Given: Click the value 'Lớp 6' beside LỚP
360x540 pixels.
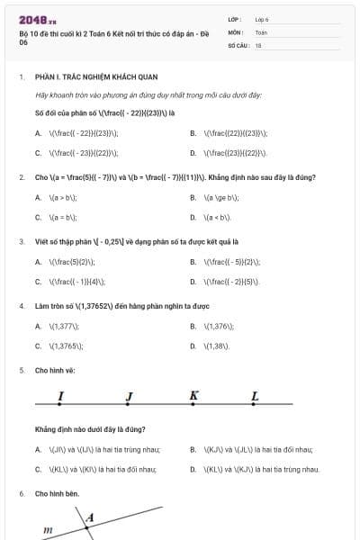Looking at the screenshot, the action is [x=262, y=18].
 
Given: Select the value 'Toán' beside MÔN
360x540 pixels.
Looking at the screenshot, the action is [x=261, y=31].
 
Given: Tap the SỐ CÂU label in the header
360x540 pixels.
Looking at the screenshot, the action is [x=238, y=44].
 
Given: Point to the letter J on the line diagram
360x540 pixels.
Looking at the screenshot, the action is [x=129, y=396].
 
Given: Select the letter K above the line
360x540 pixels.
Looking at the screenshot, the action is [x=193, y=395].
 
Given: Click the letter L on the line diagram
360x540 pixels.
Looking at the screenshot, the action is [x=255, y=396].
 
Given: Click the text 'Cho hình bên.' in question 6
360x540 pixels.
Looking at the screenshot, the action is [x=58, y=494].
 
